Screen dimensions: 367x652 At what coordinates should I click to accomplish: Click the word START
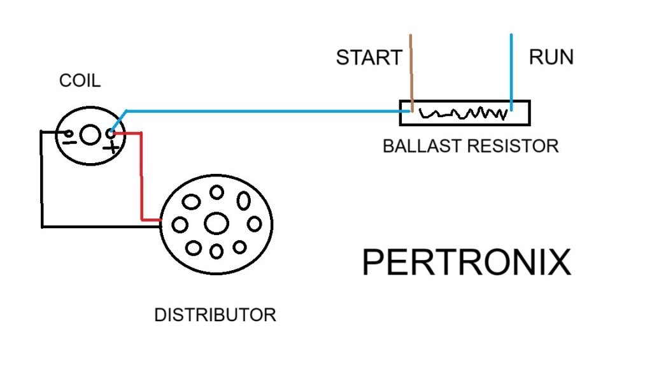[x=369, y=58]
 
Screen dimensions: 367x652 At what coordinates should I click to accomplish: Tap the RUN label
[x=551, y=57]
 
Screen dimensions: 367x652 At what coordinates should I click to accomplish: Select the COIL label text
[x=80, y=81]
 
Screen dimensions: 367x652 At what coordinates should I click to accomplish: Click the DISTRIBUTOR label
[x=215, y=315]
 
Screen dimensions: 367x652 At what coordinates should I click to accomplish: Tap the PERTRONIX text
[x=466, y=263]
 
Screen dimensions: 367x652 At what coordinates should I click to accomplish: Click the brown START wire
[x=411, y=70]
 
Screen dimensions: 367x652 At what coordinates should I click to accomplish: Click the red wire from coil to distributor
[x=141, y=178]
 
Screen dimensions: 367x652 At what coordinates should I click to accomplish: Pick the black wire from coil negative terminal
[x=42, y=185]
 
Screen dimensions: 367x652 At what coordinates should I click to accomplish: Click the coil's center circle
[x=90, y=134]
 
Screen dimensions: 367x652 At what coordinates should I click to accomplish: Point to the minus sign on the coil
[x=68, y=139]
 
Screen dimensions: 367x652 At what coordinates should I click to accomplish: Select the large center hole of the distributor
[x=216, y=223]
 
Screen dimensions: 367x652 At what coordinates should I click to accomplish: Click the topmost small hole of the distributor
[x=216, y=192]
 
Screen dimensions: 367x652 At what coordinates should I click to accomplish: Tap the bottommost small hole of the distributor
[x=216, y=252]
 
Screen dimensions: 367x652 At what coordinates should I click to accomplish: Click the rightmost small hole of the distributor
[x=255, y=224]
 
